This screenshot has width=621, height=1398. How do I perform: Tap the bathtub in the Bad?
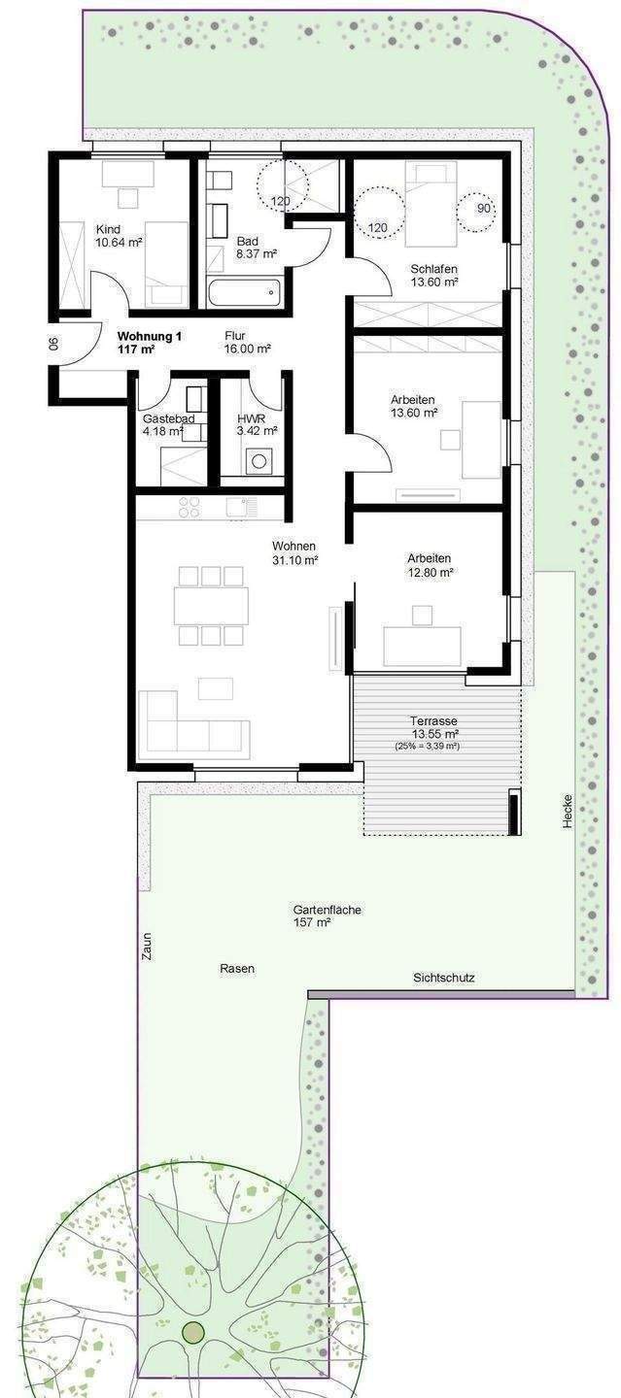coord(244,290)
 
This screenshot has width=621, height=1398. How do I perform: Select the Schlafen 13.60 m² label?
coord(434,276)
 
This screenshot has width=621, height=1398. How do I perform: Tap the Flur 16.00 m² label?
coord(247,342)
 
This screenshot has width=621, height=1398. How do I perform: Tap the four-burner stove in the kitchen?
coord(190,506)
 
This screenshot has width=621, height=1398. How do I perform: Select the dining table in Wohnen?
coord(212,605)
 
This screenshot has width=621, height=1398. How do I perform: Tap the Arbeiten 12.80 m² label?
coord(430,565)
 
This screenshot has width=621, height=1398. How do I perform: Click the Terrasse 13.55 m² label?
coord(434,728)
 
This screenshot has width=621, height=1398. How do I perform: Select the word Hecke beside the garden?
coord(567,812)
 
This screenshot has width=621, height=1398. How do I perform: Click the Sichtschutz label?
coord(443,978)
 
